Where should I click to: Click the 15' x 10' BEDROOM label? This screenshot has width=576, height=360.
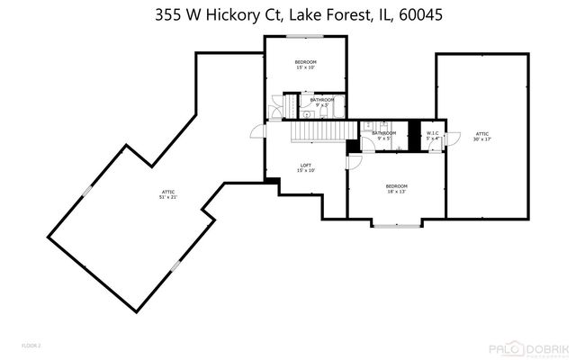tap(305, 64)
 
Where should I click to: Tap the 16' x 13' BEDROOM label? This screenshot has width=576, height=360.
tap(397, 188)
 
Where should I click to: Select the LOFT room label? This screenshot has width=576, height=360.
tap(306, 167)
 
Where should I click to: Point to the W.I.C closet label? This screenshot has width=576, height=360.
tap(433, 136)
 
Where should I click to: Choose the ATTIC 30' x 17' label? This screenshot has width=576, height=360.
tap(482, 136)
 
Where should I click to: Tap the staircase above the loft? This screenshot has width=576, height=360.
tap(318, 132)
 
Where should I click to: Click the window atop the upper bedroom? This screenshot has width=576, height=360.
tap(300, 36)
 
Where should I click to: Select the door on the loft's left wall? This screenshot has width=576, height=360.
tap(259, 133)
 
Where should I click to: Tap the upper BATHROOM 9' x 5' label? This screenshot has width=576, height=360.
tap(322, 102)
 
